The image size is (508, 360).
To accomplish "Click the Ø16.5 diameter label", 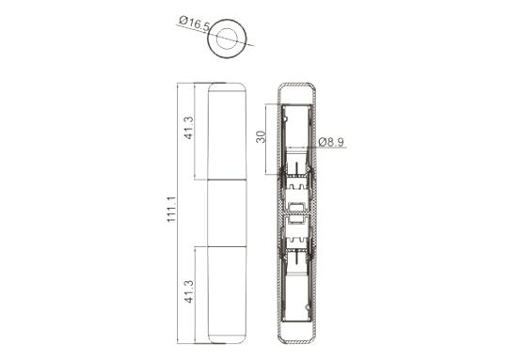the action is [x=195, y=24].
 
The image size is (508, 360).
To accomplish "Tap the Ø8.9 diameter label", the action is [x=331, y=142].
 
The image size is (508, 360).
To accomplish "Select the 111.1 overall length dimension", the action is [x=171, y=209].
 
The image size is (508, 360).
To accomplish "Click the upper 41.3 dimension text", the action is [x=188, y=128].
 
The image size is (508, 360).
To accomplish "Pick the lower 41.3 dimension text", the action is [x=188, y=291].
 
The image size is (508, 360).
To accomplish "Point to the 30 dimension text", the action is [x=261, y=136].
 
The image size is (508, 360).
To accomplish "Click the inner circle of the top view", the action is [x=227, y=39].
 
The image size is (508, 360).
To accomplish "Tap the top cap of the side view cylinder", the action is [x=227, y=87].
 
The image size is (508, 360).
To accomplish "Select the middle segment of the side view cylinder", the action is [x=227, y=212].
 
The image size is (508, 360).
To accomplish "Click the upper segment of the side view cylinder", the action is [x=227, y=135].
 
